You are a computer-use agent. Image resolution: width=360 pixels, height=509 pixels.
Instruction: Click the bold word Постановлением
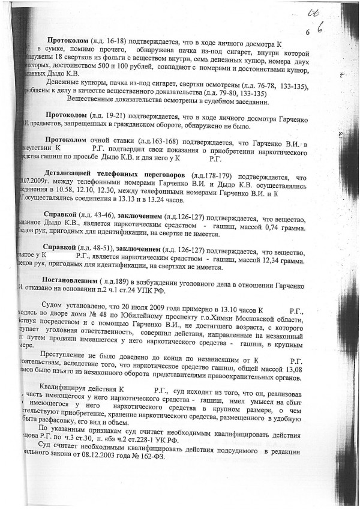point(69,280)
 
